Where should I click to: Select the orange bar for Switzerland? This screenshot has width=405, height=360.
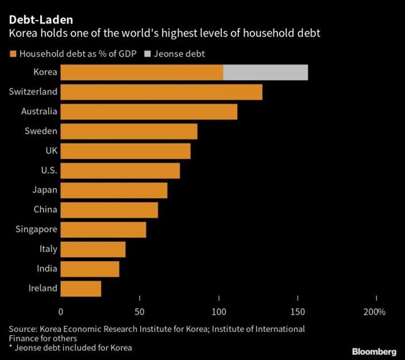point(162,92)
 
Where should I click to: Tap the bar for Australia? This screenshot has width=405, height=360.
point(149,112)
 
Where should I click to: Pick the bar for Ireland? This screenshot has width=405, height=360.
point(81,288)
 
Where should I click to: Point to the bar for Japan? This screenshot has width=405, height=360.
point(114,190)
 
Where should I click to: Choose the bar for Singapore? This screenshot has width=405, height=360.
point(103,230)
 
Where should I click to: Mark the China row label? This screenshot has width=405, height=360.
point(45,210)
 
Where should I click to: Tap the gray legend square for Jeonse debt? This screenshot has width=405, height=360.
point(142,54)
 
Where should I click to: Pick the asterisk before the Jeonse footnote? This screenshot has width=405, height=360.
point(11,347)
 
